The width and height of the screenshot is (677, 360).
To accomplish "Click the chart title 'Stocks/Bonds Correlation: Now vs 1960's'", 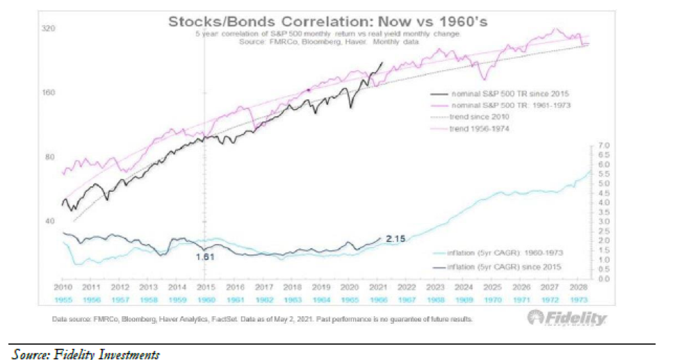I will [328, 22].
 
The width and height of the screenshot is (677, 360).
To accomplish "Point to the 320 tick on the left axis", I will [48, 29].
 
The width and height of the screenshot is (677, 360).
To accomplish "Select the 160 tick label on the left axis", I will [48, 93].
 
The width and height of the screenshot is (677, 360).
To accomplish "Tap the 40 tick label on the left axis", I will [49, 221].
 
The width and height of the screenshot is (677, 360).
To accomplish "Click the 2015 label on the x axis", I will [205, 287].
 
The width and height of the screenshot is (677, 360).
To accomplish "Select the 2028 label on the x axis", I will [576, 287].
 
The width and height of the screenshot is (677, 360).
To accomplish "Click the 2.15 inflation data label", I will [396, 240].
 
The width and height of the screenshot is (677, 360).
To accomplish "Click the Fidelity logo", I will [566, 319].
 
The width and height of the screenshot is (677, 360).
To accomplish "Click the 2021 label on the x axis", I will [376, 287].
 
